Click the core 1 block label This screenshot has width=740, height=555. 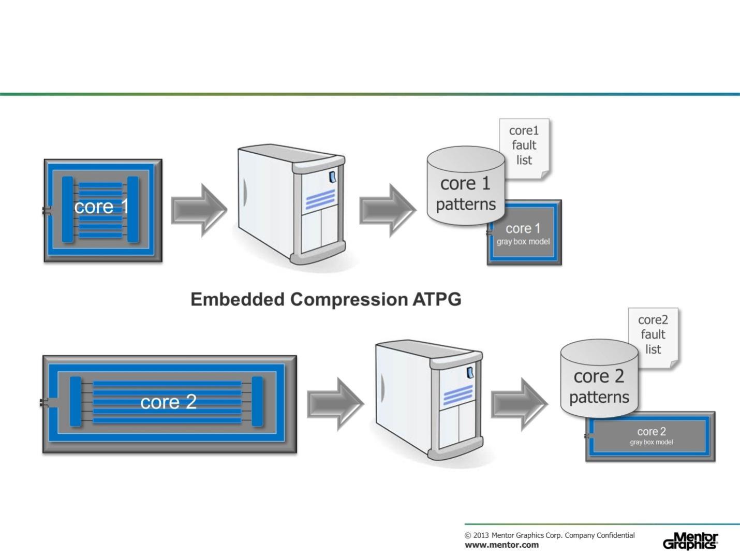pos(101,207)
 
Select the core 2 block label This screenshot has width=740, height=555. pos(168,402)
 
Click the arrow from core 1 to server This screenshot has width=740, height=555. pos(199,210)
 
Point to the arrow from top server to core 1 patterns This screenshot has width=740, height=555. pos(387,210)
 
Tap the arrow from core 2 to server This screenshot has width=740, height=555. pos(335,404)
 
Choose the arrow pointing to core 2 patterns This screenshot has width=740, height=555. pos(519,404)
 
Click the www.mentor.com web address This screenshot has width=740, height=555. pos(501,545)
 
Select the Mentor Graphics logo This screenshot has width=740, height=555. pos(690,541)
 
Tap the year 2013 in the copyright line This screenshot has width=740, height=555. pos(481,535)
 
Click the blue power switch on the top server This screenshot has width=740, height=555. pos(332,177)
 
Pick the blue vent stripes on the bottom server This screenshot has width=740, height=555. pos(458,396)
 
